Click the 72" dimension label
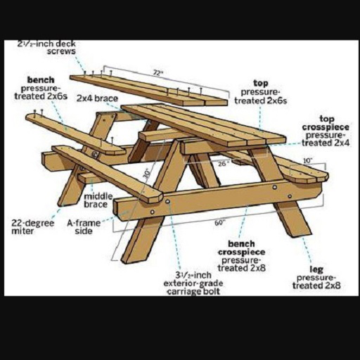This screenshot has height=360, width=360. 158,73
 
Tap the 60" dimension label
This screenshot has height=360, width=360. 219,223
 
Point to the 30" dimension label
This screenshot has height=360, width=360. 147,174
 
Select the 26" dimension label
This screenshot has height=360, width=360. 222,163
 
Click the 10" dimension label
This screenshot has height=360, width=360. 308,161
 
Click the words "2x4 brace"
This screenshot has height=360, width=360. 97,98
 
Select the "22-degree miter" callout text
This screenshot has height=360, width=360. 32,226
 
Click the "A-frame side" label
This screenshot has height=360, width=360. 84,226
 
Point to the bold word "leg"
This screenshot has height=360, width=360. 316,269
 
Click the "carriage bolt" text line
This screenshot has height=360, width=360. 193,292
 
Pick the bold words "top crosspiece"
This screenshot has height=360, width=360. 326,123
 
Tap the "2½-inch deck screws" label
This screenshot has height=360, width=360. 47,47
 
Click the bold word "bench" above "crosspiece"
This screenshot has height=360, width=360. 241,244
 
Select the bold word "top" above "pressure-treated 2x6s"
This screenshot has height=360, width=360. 261,83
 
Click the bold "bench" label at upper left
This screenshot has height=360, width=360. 41,80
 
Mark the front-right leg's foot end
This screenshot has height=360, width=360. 302,234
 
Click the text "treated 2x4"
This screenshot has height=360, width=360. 326,143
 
